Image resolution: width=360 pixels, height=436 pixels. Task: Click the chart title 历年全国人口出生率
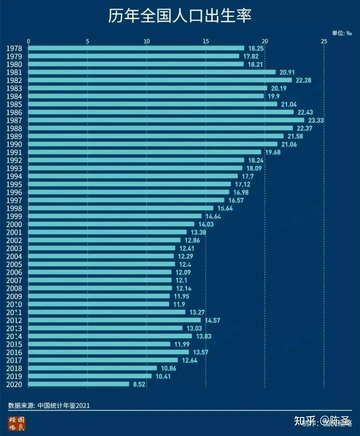(x=179, y=16)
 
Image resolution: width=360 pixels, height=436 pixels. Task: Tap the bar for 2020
(x=79, y=384)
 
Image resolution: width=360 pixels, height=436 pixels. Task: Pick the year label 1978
(x=14, y=48)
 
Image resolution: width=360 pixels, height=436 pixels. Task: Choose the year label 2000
(x=14, y=224)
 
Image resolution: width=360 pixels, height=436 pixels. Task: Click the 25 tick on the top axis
(x=324, y=41)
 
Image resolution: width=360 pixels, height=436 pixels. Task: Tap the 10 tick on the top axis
(x=146, y=41)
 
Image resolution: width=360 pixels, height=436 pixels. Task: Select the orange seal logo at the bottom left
(x=16, y=423)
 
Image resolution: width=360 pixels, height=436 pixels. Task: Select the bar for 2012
(x=114, y=320)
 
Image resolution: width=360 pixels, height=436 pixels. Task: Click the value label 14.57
(x=212, y=320)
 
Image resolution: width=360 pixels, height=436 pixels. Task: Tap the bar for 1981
(x=152, y=72)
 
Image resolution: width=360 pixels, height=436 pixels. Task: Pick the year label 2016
(x=14, y=352)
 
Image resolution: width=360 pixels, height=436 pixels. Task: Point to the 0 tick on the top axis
(x=28, y=41)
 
